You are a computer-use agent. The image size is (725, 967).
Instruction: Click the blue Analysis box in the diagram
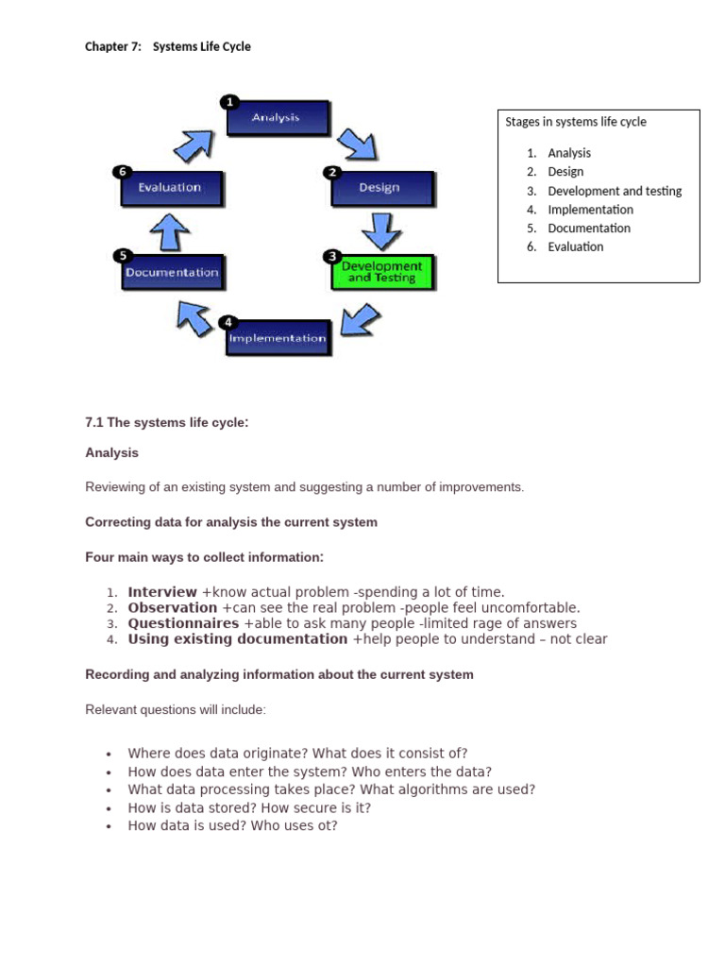tap(277, 119)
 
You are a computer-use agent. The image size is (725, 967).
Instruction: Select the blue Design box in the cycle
tap(380, 188)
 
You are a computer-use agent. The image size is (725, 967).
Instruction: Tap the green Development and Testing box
tap(381, 272)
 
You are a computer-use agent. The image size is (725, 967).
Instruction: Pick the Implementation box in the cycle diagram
tap(278, 338)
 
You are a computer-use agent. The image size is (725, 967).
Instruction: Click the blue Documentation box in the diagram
tap(172, 272)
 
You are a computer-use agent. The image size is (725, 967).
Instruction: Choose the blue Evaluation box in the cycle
tap(171, 188)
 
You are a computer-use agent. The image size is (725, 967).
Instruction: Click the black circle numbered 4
tap(228, 322)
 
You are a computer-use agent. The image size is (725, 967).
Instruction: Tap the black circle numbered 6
tap(121, 172)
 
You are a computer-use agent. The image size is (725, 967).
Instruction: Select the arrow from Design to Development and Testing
tap(379, 229)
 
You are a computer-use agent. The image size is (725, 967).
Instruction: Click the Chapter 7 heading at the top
tap(168, 46)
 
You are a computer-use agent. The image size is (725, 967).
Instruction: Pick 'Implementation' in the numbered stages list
tap(590, 210)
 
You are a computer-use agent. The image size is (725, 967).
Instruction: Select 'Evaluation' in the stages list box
tap(575, 246)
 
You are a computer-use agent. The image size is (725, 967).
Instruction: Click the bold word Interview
tap(162, 592)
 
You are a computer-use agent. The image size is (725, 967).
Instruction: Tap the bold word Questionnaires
tap(183, 623)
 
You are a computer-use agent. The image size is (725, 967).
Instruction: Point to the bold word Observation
tap(173, 608)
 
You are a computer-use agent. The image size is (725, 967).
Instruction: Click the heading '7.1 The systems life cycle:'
tap(167, 422)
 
